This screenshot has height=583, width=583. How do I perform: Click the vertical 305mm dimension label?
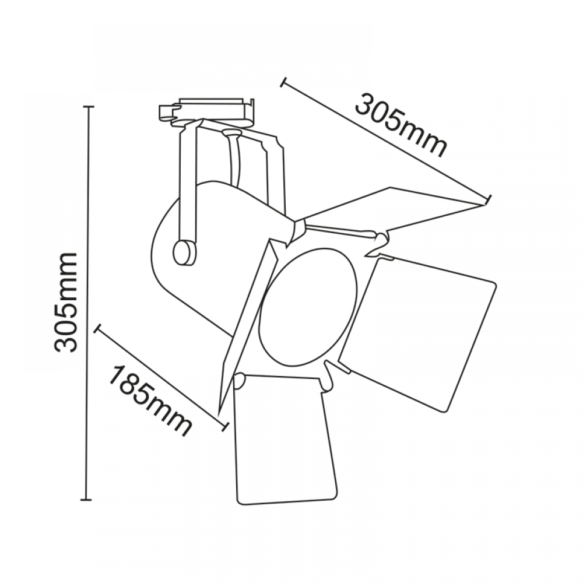(x=65, y=303)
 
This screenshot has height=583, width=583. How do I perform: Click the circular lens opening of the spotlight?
(x=308, y=307)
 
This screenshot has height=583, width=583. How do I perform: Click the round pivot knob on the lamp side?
(x=184, y=252)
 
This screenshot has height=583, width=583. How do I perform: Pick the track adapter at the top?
(x=207, y=111)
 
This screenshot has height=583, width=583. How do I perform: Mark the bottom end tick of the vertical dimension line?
(x=87, y=500)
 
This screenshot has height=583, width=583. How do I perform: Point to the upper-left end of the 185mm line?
(x=97, y=328)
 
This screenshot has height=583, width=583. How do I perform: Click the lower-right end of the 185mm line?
(x=224, y=426)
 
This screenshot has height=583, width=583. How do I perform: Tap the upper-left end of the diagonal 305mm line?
(x=283, y=82)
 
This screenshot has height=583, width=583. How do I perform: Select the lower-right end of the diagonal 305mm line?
(x=489, y=199)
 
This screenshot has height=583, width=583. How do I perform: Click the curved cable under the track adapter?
(x=235, y=160)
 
